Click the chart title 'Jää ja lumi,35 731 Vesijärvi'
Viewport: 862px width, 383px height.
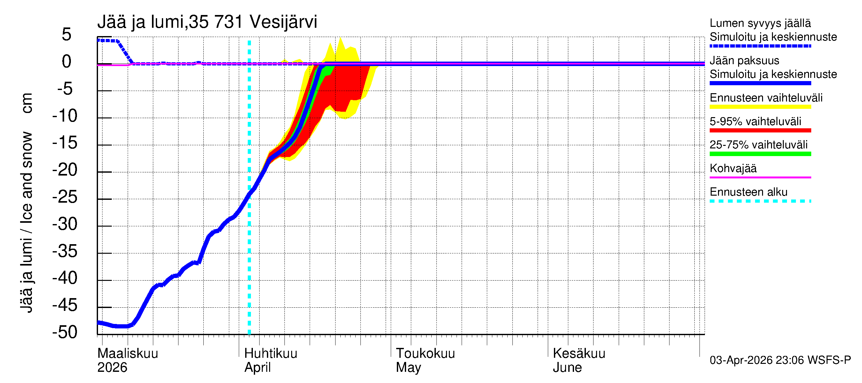207,22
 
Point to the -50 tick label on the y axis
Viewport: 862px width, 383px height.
65,332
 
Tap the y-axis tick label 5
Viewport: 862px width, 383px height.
67,35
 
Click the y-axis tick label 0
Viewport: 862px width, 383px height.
67,62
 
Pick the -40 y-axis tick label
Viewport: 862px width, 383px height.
65,278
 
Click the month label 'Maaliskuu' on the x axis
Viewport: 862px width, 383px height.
127,353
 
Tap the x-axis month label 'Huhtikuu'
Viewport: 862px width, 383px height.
270,353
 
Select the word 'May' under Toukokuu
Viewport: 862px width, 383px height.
408,367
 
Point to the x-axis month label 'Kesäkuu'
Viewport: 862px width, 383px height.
578,353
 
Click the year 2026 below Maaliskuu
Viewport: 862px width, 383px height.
112,367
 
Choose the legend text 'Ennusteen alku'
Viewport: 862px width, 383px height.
748,192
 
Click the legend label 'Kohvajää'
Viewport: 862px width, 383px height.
733,168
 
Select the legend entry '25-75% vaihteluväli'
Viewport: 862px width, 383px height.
758,145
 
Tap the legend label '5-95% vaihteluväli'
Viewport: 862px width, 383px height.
755,121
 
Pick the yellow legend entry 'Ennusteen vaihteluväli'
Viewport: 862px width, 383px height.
766,98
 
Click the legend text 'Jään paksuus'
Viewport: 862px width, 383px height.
744,61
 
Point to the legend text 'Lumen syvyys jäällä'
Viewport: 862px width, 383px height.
760,23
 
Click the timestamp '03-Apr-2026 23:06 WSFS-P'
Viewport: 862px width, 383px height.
780,360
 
